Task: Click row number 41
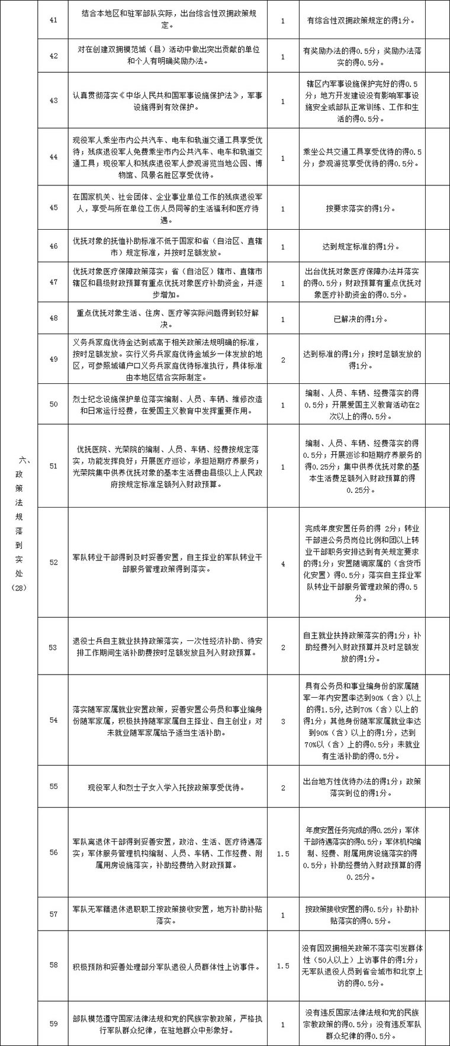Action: (54, 20)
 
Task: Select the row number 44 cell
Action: (54, 157)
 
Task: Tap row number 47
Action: (54, 282)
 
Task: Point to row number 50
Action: (54, 404)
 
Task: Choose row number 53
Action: (54, 647)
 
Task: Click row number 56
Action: (54, 852)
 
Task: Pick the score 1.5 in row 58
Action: (283, 965)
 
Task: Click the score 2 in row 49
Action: (283, 360)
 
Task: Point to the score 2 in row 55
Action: (283, 787)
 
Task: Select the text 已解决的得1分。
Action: (361, 319)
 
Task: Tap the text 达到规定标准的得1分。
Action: (361, 246)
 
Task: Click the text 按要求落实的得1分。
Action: (361, 208)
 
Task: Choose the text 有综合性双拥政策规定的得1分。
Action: (361, 20)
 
